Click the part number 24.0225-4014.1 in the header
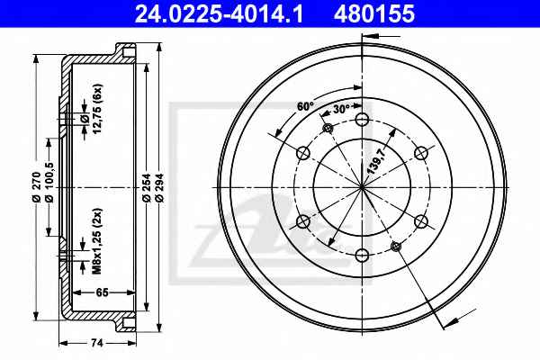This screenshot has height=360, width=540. [x=219, y=13]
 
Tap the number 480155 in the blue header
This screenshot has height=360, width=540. [x=374, y=13]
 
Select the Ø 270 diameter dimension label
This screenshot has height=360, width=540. [x=37, y=186]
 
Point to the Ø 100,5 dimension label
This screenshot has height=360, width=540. [x=49, y=182]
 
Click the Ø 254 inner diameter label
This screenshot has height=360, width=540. [x=147, y=187]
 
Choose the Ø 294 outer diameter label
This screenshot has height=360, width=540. [x=158, y=187]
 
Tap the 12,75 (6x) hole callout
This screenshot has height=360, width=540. [x=97, y=109]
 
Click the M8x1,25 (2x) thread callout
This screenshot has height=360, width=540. [x=97, y=241]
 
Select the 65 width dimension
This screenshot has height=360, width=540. [x=102, y=292]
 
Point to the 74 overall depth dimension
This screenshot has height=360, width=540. [x=97, y=343]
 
